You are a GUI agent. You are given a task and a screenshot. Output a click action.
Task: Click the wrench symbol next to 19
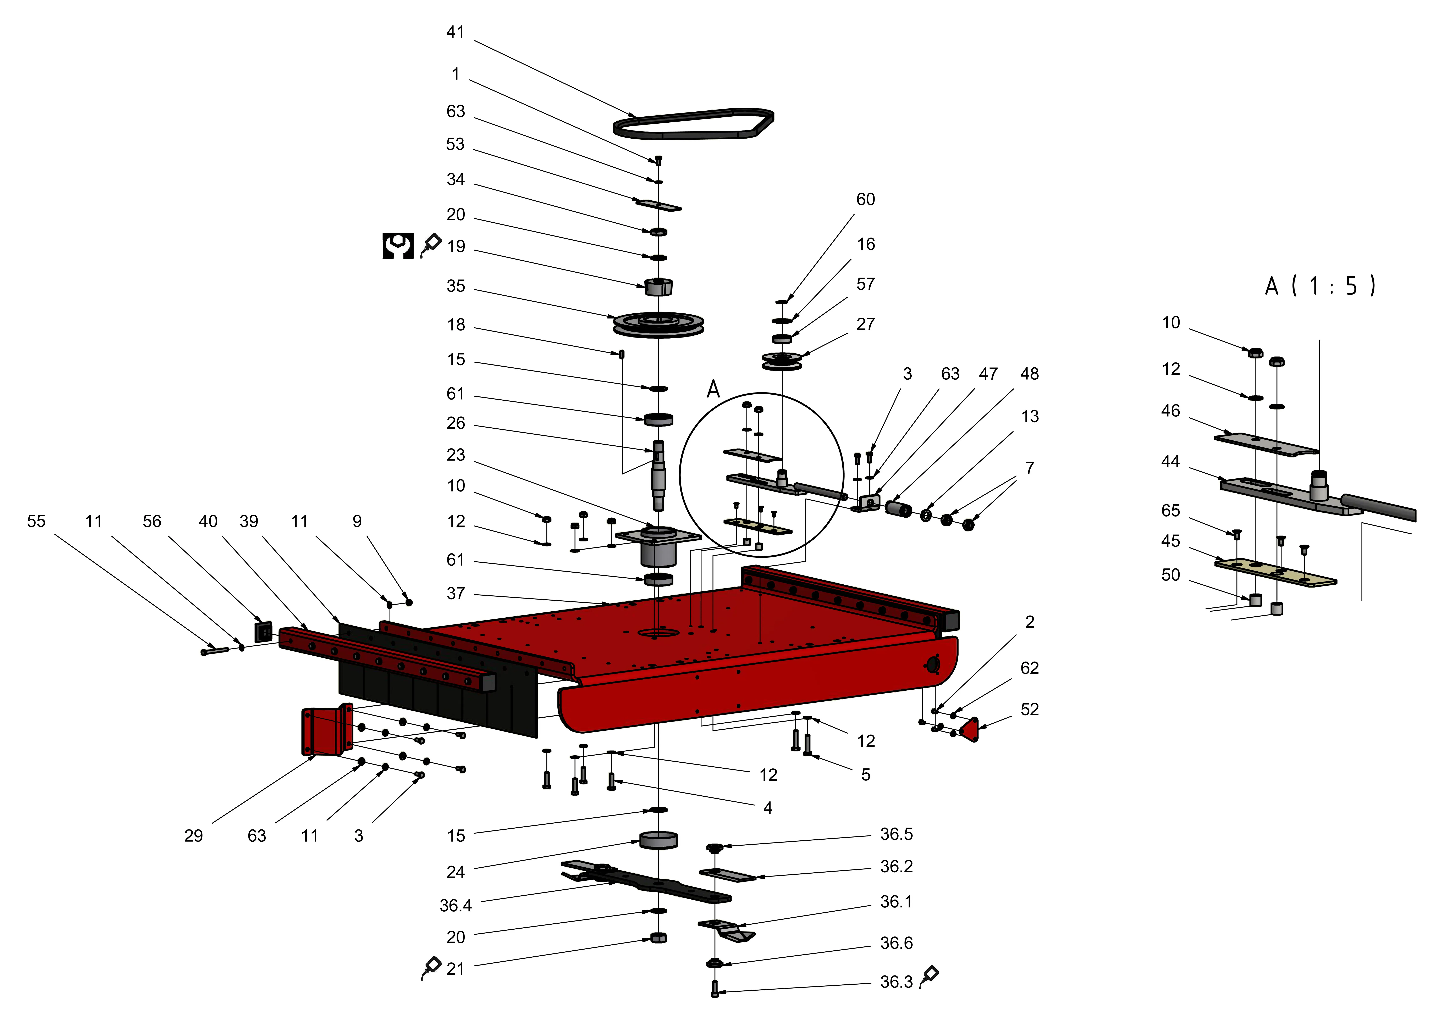pos(398,246)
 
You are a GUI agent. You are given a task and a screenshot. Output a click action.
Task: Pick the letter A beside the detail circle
pos(713,389)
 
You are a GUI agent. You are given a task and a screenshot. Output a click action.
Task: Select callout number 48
pos(1029,374)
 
